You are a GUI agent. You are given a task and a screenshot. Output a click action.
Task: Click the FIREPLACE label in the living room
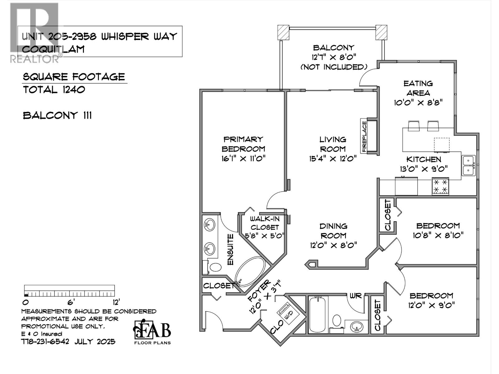(x=364, y=136)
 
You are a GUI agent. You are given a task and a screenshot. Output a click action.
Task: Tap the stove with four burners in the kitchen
(x=440, y=186)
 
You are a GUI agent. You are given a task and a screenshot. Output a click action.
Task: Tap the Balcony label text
(x=333, y=48)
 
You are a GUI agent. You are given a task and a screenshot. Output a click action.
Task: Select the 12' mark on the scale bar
(x=116, y=302)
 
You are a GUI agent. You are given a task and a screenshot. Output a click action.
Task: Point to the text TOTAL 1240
(x=54, y=90)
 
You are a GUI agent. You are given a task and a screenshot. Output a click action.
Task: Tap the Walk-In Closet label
(x=264, y=223)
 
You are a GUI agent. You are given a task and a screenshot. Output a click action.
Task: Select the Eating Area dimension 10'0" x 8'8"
(x=418, y=103)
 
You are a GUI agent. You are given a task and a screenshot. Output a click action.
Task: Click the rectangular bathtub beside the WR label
(x=317, y=314)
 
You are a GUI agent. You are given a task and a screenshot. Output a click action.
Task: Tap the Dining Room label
(x=333, y=231)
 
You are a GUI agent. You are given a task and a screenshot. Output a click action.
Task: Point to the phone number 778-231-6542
(x=46, y=342)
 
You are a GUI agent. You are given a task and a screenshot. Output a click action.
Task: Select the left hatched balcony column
(x=283, y=32)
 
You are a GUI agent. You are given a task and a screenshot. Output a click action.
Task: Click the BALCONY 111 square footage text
(x=57, y=116)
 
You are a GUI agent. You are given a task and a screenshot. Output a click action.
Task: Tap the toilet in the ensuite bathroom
(x=215, y=267)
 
